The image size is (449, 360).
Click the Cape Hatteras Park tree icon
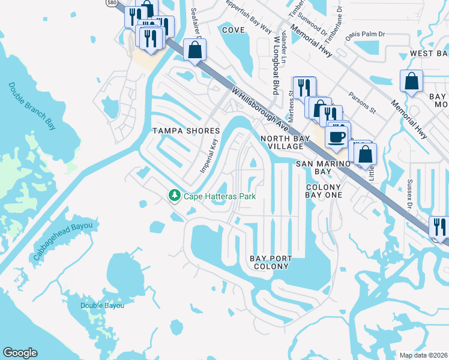point(175,196)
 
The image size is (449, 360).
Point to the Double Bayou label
point(103,305)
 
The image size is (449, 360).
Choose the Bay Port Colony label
point(271,262)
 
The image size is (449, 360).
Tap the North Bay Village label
point(286,142)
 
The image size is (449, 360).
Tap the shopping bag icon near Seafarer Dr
point(195,50)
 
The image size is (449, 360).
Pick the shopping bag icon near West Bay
point(412,81)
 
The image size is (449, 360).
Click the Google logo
point(20,353)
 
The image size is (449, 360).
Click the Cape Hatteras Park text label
point(220,196)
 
